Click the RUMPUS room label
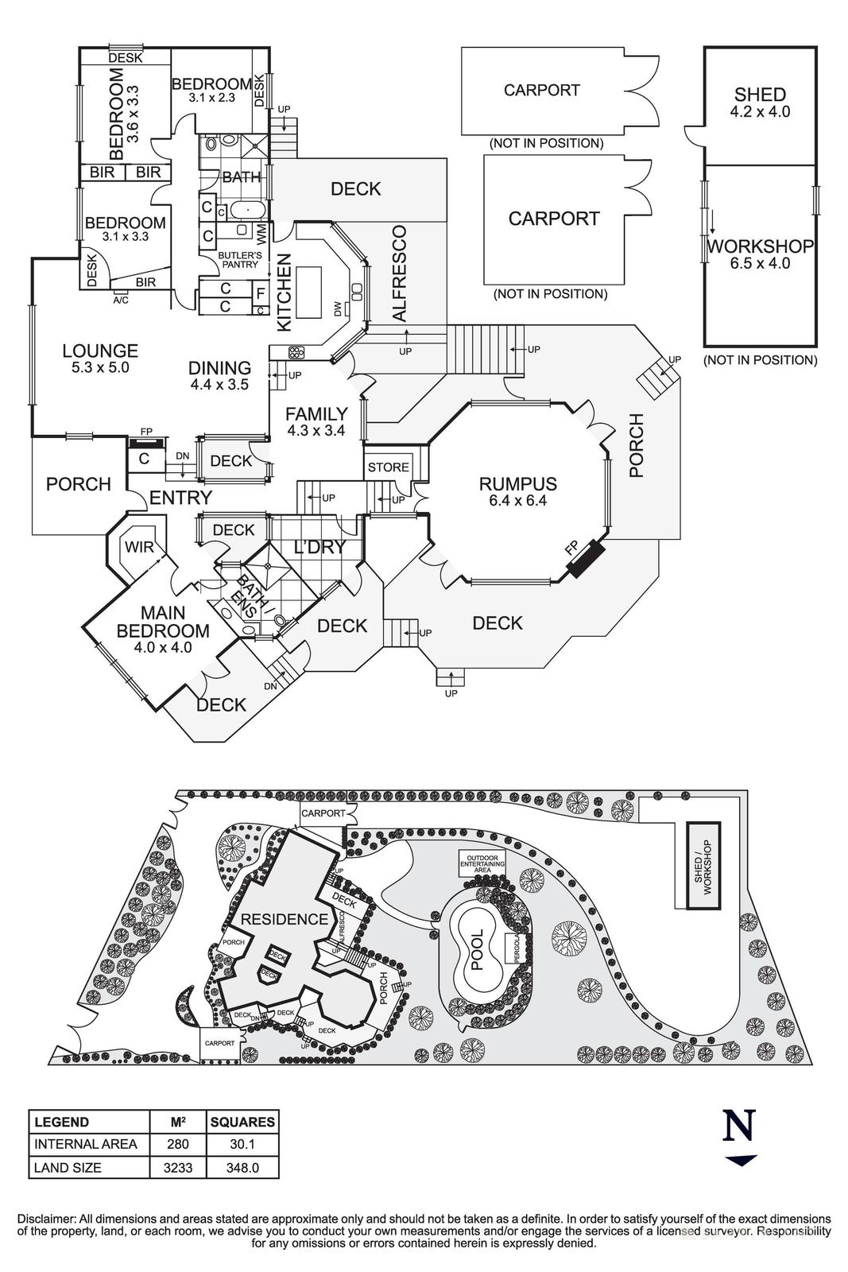click(x=517, y=484)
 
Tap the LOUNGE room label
click(x=100, y=351)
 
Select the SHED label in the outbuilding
click(x=760, y=95)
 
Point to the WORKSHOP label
click(x=760, y=246)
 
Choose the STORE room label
click(x=389, y=467)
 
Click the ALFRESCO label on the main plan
click(x=400, y=273)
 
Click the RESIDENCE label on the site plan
click(x=284, y=920)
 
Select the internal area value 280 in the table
click(x=178, y=1144)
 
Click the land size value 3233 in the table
click(x=178, y=1168)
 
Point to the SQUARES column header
click(x=242, y=1122)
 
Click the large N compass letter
click(x=739, y=1126)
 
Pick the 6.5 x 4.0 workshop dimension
click(x=760, y=263)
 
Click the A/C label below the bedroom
click(x=121, y=300)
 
